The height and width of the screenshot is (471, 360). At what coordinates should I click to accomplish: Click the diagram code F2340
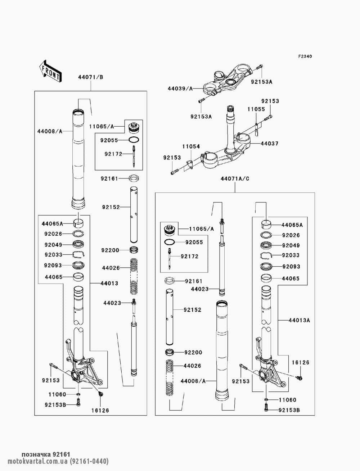tap(305, 56)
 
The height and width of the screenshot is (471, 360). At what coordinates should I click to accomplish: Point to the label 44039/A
tap(180, 88)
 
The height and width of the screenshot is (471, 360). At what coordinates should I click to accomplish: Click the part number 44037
tap(269, 144)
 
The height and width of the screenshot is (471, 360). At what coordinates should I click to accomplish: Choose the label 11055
tap(256, 109)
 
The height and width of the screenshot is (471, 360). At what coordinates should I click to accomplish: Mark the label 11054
tap(190, 146)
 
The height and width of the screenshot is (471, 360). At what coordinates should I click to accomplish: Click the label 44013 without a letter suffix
tap(109, 284)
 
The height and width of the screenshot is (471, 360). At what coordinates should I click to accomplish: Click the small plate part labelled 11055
tap(256, 128)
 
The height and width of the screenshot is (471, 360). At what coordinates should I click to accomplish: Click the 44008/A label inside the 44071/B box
tap(50, 132)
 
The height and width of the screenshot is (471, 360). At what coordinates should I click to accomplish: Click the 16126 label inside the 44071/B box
tap(100, 410)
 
